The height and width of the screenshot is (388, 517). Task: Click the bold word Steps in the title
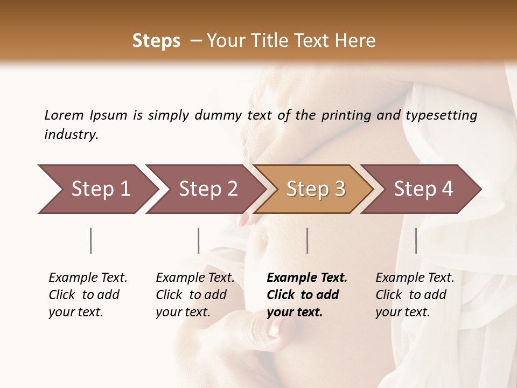[156, 41]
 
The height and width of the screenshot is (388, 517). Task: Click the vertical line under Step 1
[91, 240]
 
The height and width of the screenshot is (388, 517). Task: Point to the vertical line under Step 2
[199, 240]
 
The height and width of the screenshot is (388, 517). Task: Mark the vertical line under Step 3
[308, 240]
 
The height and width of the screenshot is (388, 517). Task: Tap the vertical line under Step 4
[416, 240]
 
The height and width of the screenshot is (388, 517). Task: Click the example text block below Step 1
[88, 295]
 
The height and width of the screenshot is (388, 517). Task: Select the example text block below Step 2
[195, 295]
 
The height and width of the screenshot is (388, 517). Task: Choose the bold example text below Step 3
[307, 295]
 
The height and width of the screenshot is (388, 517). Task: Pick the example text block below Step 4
[415, 295]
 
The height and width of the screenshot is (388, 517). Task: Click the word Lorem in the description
[64, 115]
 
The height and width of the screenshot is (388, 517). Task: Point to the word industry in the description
[71, 135]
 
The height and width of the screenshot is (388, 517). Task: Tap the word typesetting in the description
[441, 115]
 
